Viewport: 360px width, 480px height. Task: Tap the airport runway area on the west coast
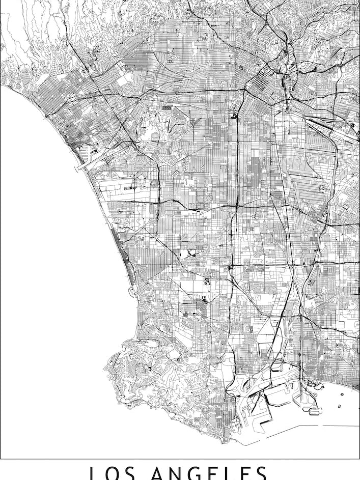click(127, 188)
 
